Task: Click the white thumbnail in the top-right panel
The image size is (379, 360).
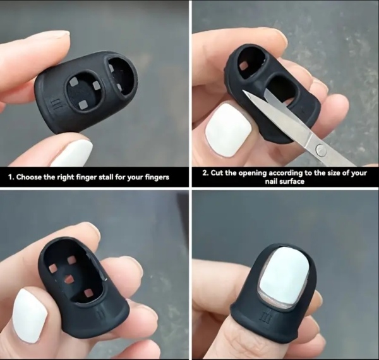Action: click(x=229, y=129)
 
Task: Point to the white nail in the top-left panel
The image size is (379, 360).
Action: click(x=72, y=154)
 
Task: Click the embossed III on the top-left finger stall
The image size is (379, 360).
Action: click(x=56, y=105)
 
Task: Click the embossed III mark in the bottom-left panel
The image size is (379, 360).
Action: click(x=100, y=314)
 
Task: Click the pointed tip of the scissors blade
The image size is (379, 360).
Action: click(x=243, y=91)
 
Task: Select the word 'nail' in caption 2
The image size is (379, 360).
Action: click(x=272, y=181)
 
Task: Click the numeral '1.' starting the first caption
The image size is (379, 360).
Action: click(x=11, y=177)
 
